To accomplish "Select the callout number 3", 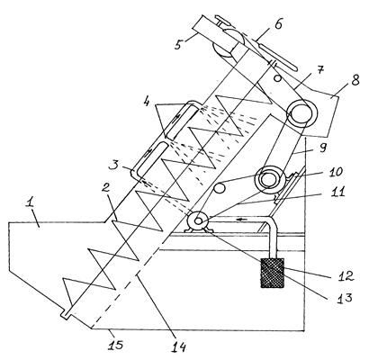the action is tap(114, 165).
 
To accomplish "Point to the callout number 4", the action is tap(146, 102).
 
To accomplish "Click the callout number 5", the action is tap(179, 44).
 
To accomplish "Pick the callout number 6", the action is tap(278, 24).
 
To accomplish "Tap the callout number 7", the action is tap(320, 71).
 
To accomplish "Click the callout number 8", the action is tap(355, 80).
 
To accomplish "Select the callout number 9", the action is tap(322, 148).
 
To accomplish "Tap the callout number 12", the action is tap(345, 275).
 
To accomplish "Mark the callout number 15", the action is tap(114, 345).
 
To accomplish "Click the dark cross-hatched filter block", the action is tap(272, 273).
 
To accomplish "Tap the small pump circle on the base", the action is tap(198, 221).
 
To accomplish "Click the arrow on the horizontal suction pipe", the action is tap(242, 220).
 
